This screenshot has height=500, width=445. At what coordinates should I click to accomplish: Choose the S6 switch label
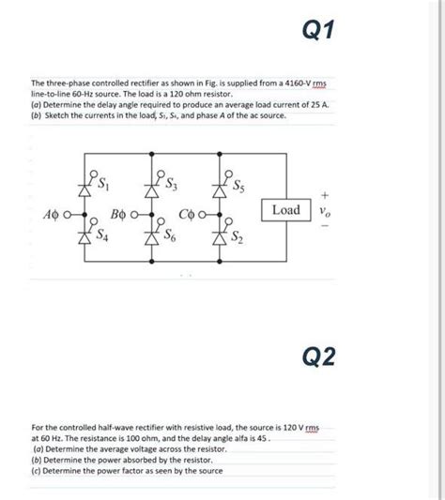172,239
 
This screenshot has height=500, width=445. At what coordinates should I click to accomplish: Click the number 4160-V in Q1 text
301,85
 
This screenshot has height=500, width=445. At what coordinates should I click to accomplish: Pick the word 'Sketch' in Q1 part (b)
57,115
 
